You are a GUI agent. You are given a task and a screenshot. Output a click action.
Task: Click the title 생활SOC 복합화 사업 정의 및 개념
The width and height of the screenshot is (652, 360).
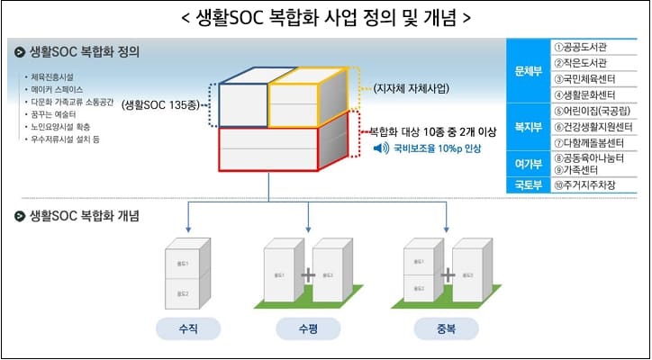pyautogui.click(x=325, y=17)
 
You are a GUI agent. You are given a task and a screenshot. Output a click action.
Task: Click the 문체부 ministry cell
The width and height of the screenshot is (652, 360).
pyautogui.click(x=527, y=69)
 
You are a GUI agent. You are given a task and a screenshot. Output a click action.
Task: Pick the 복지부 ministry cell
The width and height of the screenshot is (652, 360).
pyautogui.click(x=527, y=127)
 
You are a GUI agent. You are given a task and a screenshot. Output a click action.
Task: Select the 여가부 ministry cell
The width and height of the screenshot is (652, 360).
pyautogui.click(x=527, y=163)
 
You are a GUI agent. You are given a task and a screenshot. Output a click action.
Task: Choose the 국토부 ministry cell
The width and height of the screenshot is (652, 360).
pyautogui.click(x=527, y=184)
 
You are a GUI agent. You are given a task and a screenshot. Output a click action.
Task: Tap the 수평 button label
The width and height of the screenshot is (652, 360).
pyautogui.click(x=308, y=328)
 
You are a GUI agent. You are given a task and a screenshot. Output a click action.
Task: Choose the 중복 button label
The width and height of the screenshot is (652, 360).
pyautogui.click(x=447, y=328)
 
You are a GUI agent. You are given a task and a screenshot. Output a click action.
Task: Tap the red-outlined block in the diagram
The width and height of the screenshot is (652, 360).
pyautogui.click(x=270, y=149)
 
